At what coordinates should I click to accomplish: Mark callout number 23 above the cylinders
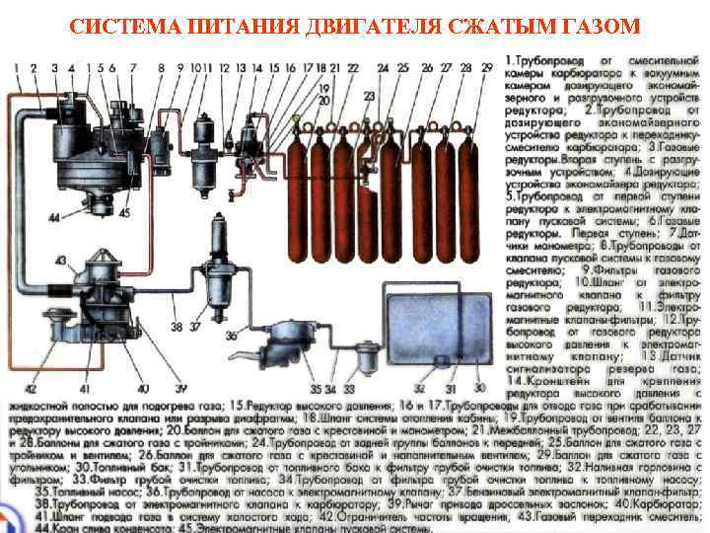pyautogui.click(x=368, y=97)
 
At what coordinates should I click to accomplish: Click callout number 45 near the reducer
pyautogui.click(x=124, y=211)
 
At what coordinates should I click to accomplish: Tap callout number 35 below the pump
pyautogui.click(x=315, y=388)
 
